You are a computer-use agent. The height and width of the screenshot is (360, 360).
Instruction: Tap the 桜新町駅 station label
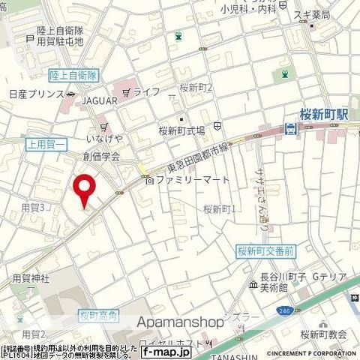tap(322, 115)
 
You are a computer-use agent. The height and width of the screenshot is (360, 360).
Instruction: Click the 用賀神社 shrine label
tap(30, 278)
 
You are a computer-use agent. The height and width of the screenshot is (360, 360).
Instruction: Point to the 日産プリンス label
tap(31, 97)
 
